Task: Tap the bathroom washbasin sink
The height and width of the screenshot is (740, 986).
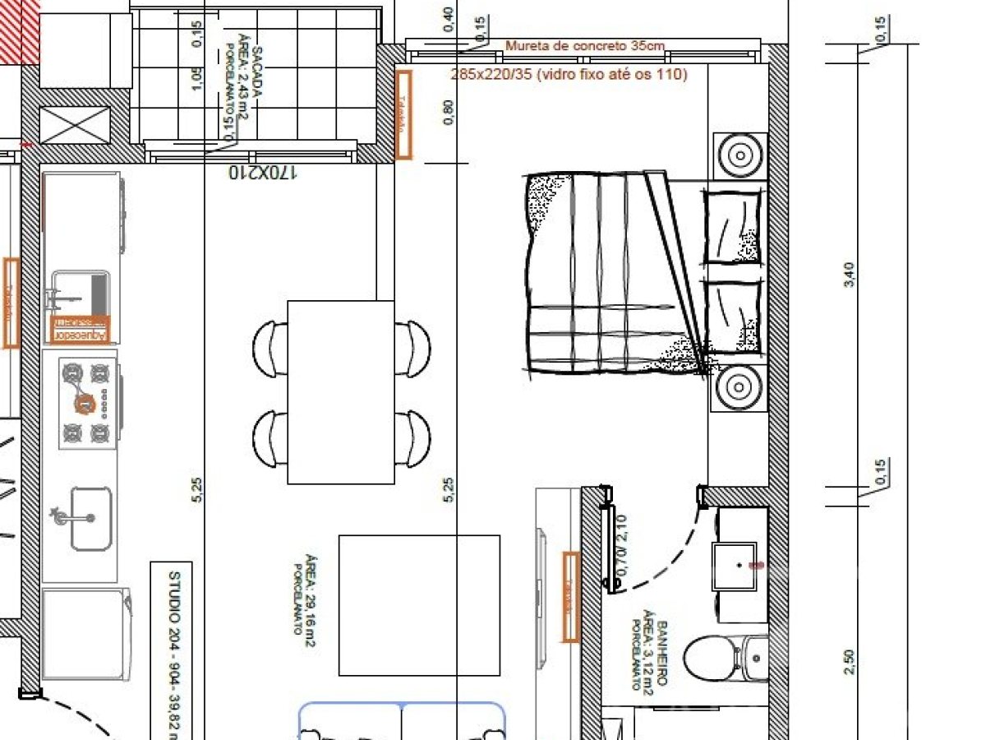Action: click(x=734, y=565)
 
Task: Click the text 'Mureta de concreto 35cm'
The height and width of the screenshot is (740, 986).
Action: click(x=584, y=46)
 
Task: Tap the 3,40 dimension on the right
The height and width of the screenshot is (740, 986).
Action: click(x=849, y=274)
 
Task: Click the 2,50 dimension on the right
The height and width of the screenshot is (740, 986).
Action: click(x=849, y=662)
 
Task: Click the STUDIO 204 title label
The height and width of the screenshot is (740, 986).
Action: click(x=173, y=654)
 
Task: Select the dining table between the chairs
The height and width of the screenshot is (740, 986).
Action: click(x=341, y=392)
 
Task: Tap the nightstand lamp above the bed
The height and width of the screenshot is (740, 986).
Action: click(x=739, y=155)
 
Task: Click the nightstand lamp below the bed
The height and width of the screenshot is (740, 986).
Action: click(x=739, y=387)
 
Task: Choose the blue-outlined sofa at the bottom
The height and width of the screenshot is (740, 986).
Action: click(x=402, y=721)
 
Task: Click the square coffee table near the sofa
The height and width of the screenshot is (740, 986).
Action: click(x=419, y=605)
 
